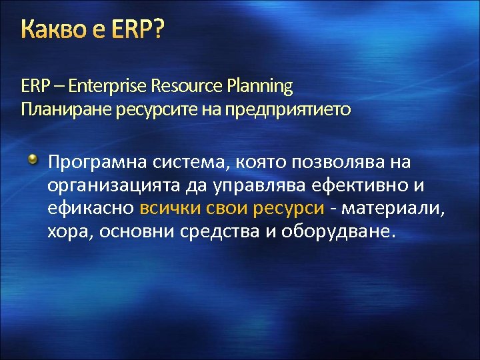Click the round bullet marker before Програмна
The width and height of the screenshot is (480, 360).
click(x=32, y=160)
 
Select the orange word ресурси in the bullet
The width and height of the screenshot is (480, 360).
click(x=289, y=209)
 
